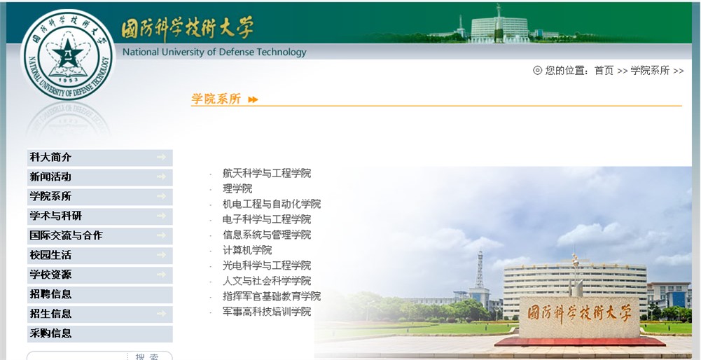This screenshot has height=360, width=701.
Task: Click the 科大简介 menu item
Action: [x=50, y=158]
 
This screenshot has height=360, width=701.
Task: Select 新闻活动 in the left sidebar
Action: [x=50, y=177]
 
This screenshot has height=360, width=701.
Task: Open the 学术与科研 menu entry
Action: [x=56, y=216]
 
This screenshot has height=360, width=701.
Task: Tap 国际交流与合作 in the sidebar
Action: [x=66, y=235]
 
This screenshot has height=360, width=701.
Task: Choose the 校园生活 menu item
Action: [x=50, y=256]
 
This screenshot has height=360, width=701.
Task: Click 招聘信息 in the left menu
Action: [x=50, y=294]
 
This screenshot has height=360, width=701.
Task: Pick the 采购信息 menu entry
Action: [x=50, y=333]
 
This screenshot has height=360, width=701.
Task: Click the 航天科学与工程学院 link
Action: [x=267, y=174]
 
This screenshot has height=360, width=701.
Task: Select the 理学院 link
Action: [x=237, y=188]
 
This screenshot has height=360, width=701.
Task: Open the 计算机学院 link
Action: [x=247, y=250]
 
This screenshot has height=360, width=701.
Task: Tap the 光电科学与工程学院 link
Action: [x=267, y=265]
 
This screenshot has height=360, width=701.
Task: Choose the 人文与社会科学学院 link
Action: [x=267, y=281]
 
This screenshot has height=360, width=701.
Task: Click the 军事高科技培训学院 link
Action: [x=267, y=312]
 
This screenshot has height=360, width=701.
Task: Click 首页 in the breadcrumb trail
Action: [x=604, y=71]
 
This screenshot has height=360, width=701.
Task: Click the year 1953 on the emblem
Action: [x=68, y=80]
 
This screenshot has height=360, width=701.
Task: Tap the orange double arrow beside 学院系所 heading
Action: [x=253, y=99]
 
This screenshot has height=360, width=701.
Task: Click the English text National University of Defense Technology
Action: [x=214, y=52]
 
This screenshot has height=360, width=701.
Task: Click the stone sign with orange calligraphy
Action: [x=580, y=317]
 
